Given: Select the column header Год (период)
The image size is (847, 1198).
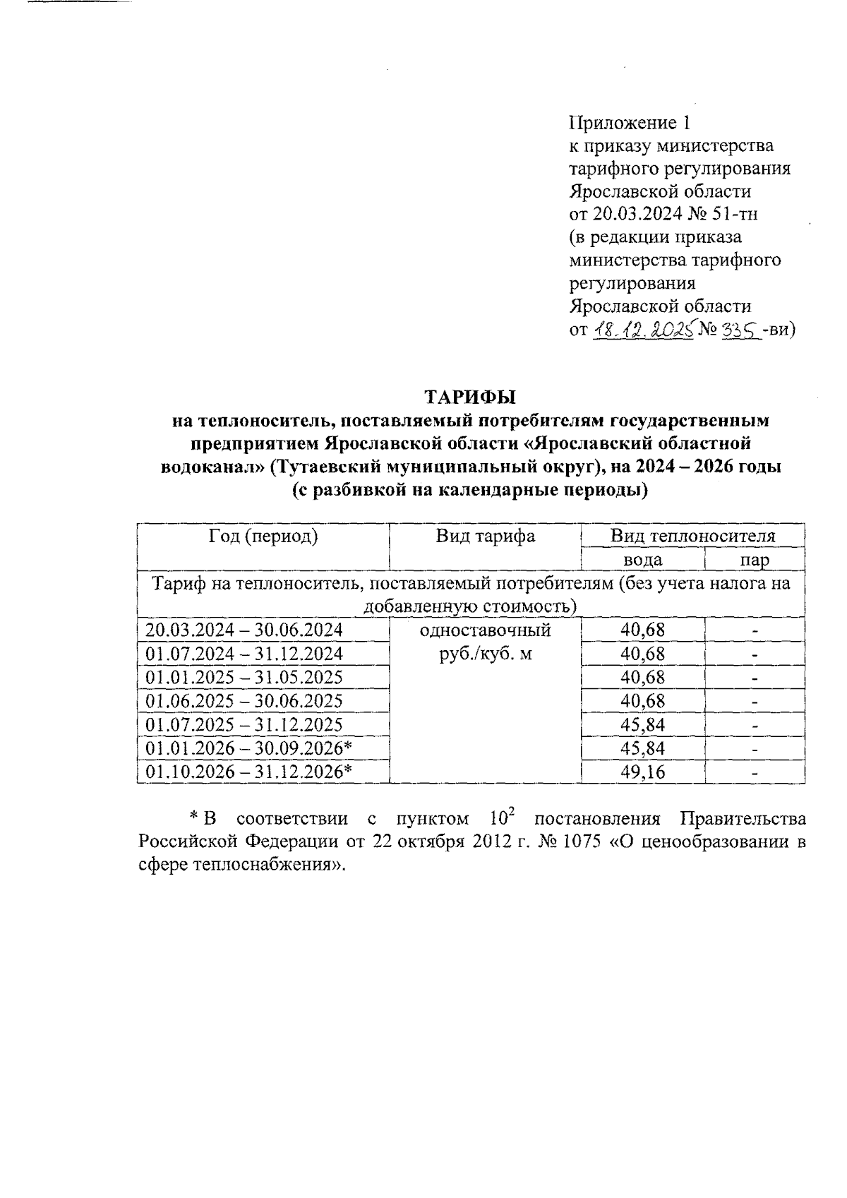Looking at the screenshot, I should click(263, 536).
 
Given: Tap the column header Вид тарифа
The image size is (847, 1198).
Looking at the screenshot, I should click(485, 536).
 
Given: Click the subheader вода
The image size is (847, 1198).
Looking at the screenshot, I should click(642, 560).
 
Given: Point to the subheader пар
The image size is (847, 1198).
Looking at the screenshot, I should click(755, 560).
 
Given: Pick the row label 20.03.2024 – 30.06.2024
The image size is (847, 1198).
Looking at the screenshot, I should click(244, 630).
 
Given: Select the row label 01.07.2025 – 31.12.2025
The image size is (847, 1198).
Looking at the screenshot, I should click(244, 724).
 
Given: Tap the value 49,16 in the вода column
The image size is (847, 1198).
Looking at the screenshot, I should click(642, 772).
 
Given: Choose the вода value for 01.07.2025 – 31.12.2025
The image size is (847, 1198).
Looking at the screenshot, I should click(642, 724).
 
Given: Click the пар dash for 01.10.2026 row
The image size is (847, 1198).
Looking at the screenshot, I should click(755, 773).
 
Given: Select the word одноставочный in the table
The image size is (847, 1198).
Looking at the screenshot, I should click(485, 630).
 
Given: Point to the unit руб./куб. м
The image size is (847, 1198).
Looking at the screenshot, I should click(485, 654).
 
